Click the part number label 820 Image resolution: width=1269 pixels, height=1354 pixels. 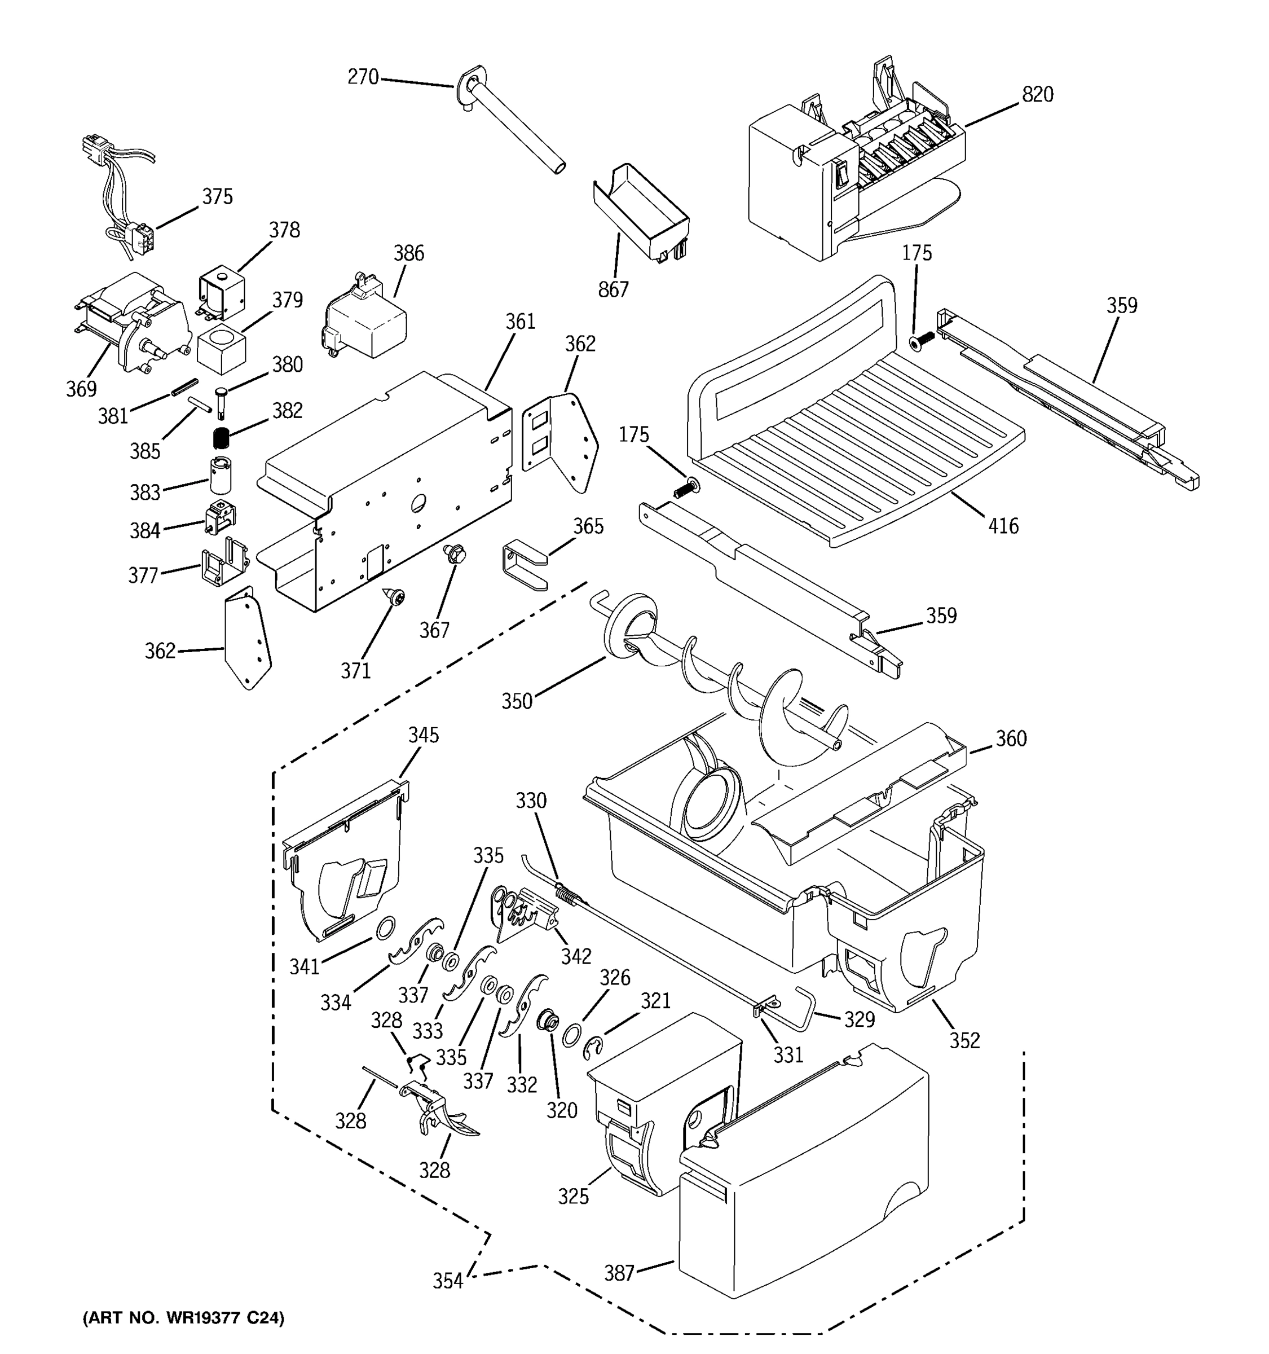(1037, 95)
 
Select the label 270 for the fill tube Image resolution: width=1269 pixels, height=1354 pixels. (363, 77)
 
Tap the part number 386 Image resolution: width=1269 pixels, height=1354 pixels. (408, 253)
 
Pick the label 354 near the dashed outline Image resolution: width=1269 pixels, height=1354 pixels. (447, 1281)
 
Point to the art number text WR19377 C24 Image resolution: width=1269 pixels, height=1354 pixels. (182, 1318)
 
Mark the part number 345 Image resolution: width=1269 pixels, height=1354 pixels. (424, 735)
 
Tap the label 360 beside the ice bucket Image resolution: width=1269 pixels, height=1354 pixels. (1010, 738)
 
